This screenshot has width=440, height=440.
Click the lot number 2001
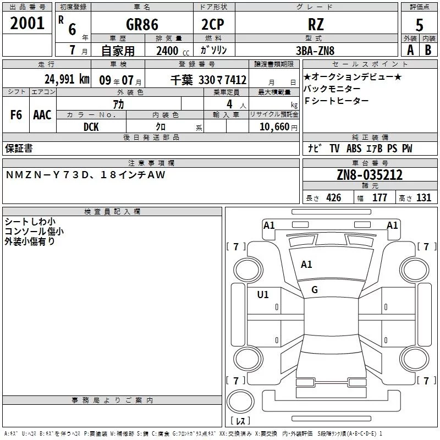pyautogui.click(x=27, y=23)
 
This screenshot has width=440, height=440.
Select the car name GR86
pyautogui.click(x=141, y=25)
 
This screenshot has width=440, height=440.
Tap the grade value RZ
pyautogui.click(x=316, y=25)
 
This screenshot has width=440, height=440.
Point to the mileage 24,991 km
pyautogui.click(x=67, y=79)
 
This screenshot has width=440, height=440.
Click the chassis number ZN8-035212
pyautogui.click(x=370, y=175)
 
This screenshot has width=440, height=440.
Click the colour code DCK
pyautogui.click(x=91, y=127)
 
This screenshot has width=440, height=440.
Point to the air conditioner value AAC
pyautogui.click(x=42, y=115)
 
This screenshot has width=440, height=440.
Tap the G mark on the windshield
pyautogui.click(x=315, y=290)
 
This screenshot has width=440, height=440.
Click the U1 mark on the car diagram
pyautogui.click(x=263, y=295)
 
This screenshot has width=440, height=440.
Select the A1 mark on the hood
pyautogui.click(x=306, y=265)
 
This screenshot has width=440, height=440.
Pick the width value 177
pyautogui.click(x=380, y=198)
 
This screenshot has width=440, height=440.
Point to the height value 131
pyautogui.click(x=424, y=198)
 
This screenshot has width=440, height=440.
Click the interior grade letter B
pyautogui.click(x=428, y=50)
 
